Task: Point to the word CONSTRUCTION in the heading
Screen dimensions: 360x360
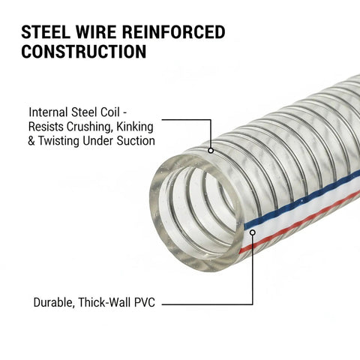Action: click(x=84, y=51)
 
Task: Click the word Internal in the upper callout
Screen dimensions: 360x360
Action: click(x=48, y=112)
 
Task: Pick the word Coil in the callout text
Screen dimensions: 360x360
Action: click(x=110, y=112)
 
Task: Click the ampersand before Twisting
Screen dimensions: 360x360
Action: click(x=31, y=141)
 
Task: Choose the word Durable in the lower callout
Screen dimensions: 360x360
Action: click(x=54, y=302)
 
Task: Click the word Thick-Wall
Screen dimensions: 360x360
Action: click(x=104, y=302)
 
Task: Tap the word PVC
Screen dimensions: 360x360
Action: click(x=145, y=302)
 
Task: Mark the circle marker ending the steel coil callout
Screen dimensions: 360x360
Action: click(x=211, y=151)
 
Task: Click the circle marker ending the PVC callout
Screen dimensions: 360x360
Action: click(x=253, y=232)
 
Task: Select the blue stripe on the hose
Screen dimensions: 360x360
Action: click(x=302, y=200)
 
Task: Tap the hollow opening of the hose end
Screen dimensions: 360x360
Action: click(x=197, y=211)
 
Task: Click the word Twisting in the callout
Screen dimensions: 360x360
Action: click(x=58, y=141)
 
